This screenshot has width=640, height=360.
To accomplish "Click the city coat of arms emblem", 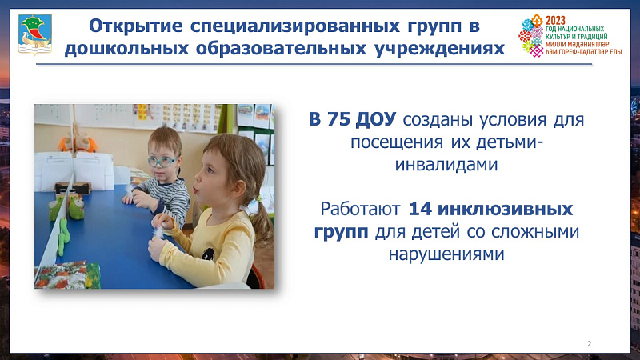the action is [x=35, y=34].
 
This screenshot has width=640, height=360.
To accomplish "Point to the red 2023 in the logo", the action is [x=555, y=20].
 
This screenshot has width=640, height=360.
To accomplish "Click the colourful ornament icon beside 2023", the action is [x=531, y=36].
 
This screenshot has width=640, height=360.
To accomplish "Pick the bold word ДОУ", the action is [x=375, y=119].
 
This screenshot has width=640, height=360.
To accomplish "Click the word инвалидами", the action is [x=446, y=165].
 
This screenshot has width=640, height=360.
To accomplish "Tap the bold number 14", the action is [x=420, y=209].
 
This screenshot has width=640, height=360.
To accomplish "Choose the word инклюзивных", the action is [x=505, y=209].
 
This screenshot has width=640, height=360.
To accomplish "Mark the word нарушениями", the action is [x=446, y=254].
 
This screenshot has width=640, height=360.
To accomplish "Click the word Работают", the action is [x=360, y=209].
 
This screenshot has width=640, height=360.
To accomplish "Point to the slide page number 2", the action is [x=589, y=344].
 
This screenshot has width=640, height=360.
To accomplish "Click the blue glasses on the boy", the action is [x=162, y=162].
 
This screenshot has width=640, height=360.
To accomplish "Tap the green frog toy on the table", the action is [x=76, y=207].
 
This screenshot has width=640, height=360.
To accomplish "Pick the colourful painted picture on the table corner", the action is [x=68, y=275].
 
